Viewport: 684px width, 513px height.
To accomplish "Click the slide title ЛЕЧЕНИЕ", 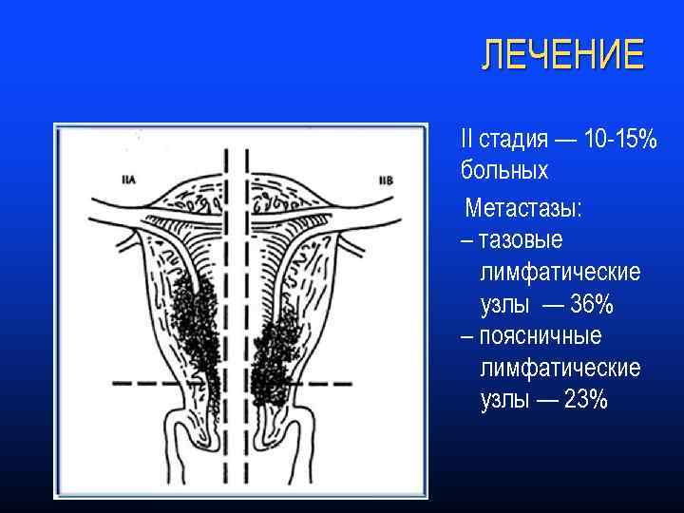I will [562, 55].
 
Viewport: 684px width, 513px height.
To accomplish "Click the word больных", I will [504, 171].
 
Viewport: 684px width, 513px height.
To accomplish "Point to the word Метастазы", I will [523, 207].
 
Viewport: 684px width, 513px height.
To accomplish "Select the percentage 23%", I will [585, 400].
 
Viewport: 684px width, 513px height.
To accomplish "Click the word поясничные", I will [541, 336].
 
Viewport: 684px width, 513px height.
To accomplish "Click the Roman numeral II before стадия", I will [466, 140].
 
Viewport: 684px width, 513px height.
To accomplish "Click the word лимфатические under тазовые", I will [560, 273].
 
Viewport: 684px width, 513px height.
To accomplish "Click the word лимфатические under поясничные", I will [560, 368].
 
